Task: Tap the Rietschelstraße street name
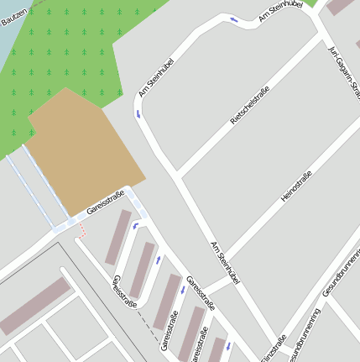(249, 107)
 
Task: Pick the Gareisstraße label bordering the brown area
(105, 203)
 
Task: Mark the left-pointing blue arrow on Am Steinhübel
(233, 18)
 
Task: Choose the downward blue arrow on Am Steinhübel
(137, 111)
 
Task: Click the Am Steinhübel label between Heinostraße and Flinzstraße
(225, 261)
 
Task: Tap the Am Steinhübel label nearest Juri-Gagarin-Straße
(281, 11)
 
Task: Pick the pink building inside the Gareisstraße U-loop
(142, 269)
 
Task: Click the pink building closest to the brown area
(117, 237)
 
